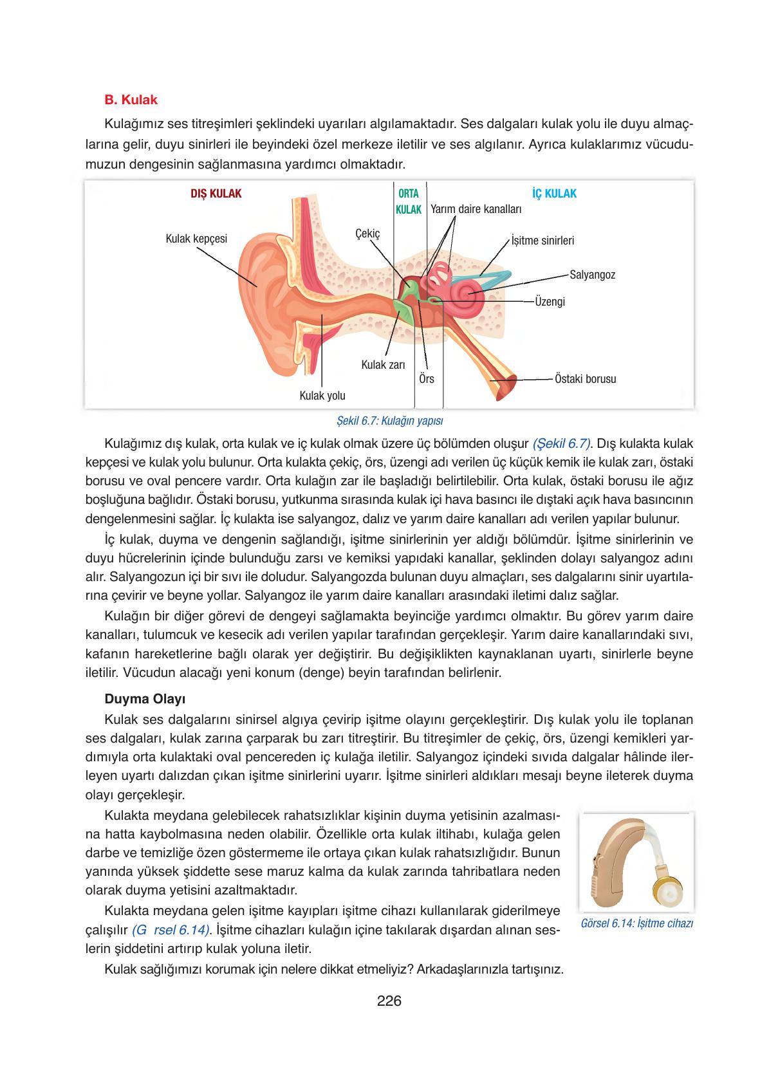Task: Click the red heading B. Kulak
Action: (131, 100)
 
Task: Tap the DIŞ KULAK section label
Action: (216, 194)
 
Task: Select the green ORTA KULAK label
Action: (408, 201)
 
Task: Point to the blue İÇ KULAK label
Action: (554, 194)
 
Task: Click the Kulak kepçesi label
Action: (196, 239)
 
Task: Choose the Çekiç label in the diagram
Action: (367, 234)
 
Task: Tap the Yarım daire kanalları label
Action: (476, 209)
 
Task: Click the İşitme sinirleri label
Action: (542, 241)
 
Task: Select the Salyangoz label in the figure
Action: (592, 275)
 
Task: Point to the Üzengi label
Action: (550, 301)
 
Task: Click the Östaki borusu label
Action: (585, 379)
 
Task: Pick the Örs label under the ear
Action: (426, 379)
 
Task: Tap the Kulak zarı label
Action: (383, 365)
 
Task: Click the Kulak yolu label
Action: (322, 395)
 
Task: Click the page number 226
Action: (389, 1001)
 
